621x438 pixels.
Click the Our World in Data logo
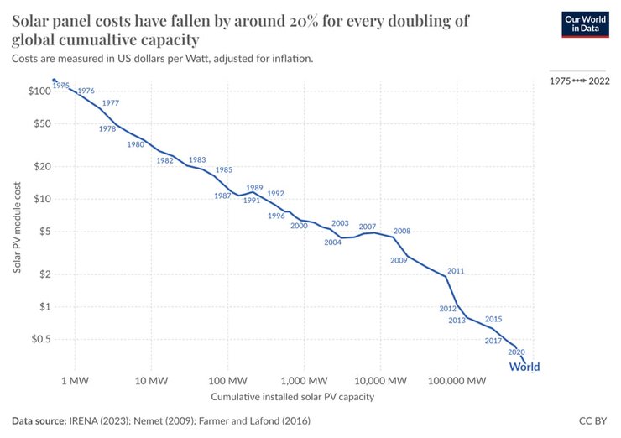pos(584,24)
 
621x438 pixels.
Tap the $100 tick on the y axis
pos(39,91)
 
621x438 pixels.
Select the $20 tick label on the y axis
pos(41,166)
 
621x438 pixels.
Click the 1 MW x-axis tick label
pos(75,380)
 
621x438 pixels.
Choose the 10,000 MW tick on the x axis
pos(379,380)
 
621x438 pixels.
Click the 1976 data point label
pos(86,91)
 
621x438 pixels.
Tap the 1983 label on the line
pos(197,159)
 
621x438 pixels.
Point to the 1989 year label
pos(254,188)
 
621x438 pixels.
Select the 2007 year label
pos(367,227)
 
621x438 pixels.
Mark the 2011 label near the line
pos(456,271)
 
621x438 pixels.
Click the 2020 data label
pos(516,352)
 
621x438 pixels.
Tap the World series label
pos(524,367)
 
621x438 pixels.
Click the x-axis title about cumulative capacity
pos(292,396)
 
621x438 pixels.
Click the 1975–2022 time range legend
pos(579,81)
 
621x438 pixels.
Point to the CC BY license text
pos(592,420)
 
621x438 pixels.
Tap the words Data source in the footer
pos(39,420)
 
